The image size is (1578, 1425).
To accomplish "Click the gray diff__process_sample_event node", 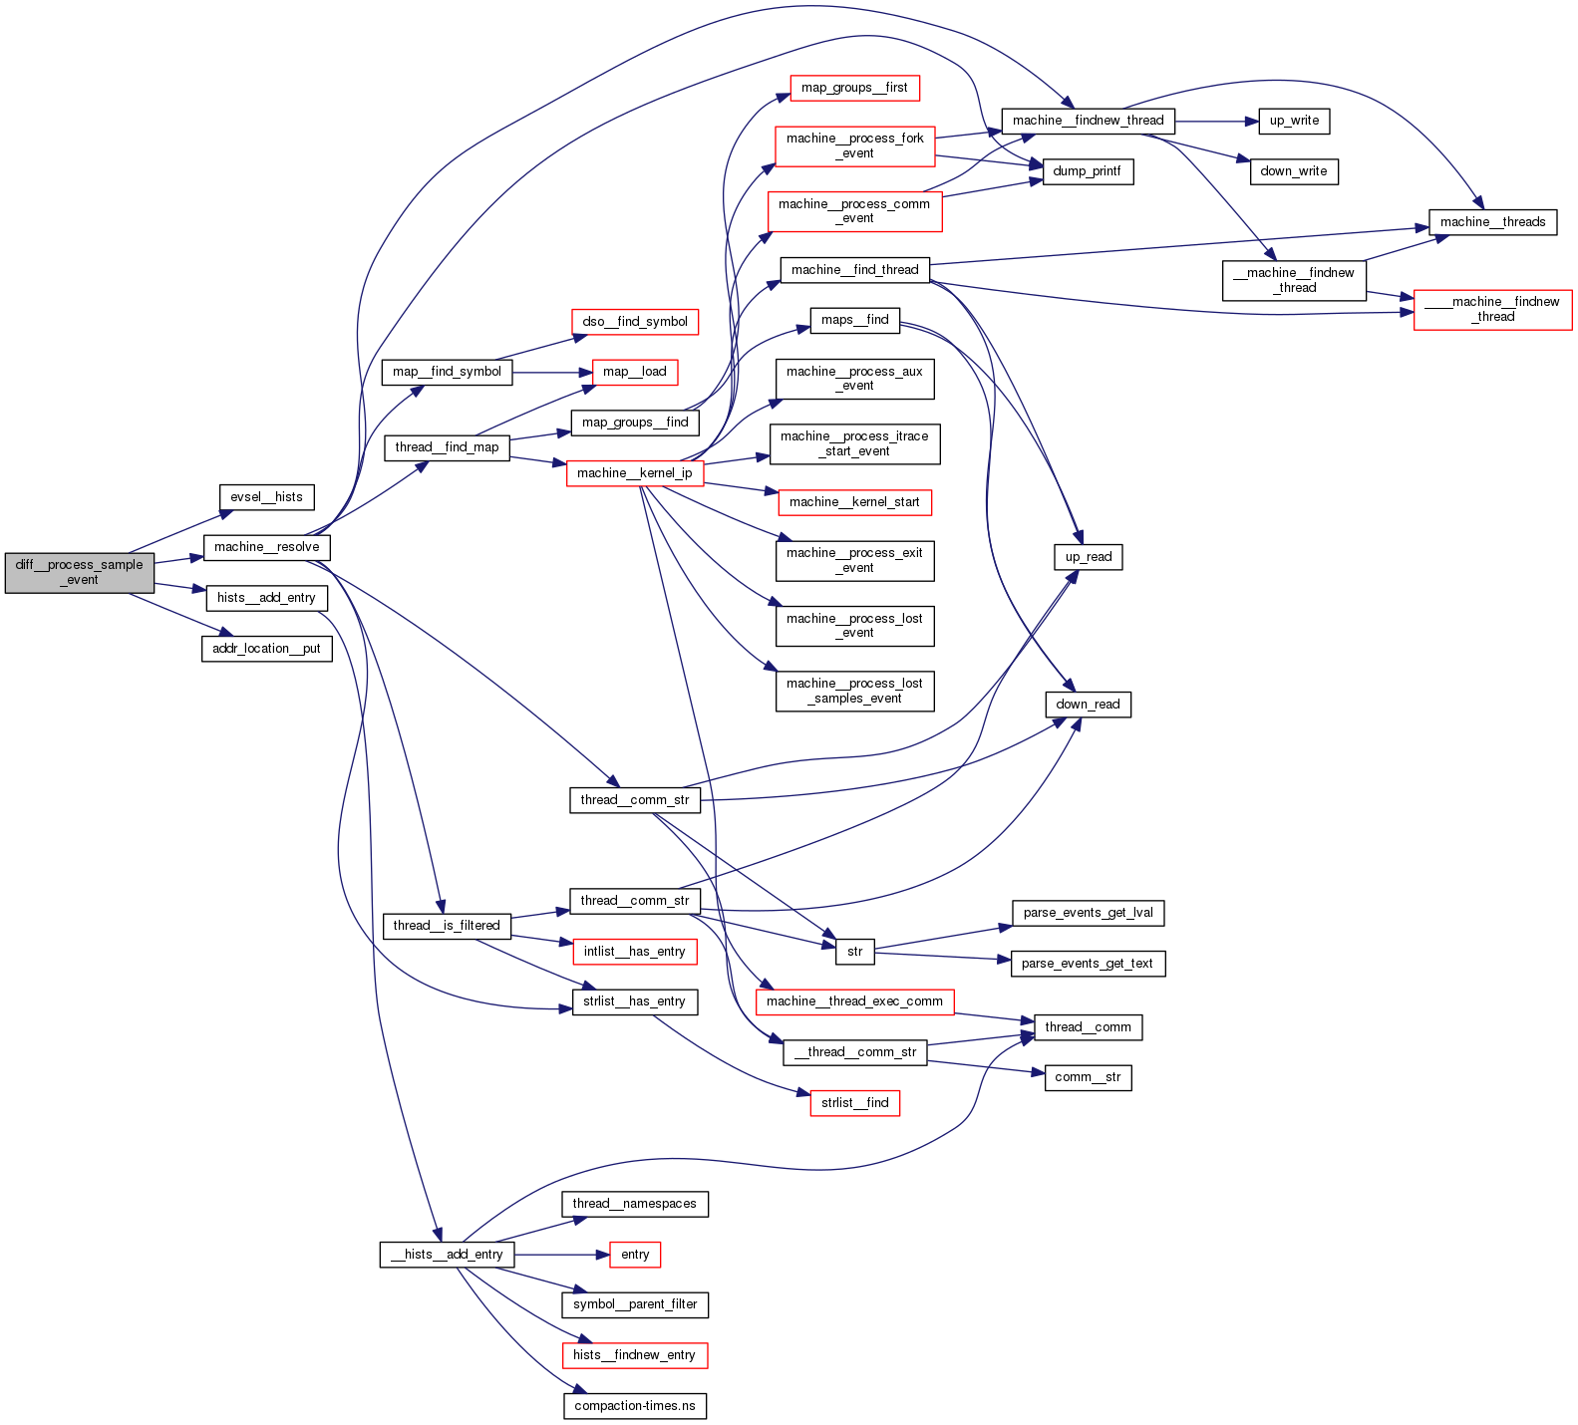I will [80, 572].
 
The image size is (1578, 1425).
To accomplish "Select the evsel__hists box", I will [266, 497].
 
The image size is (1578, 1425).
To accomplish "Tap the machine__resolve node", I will [266, 547].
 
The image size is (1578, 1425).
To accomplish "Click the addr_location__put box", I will [266, 649].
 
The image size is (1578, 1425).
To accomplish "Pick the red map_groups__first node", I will [854, 88].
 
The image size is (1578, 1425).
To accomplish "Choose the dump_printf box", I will [1087, 171].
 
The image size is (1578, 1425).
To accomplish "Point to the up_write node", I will [1294, 121].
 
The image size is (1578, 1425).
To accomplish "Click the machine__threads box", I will [1492, 222].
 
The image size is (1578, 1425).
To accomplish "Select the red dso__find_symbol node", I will [635, 322].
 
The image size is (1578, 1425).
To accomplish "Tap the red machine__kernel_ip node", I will [635, 473].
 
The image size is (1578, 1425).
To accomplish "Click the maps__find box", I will [854, 320].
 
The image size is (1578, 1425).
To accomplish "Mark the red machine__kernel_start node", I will [854, 502].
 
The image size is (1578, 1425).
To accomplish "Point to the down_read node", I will [1088, 705].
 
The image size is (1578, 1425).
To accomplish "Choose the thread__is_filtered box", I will [447, 926].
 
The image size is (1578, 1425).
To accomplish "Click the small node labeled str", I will [854, 952].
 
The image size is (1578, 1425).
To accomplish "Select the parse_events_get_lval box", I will [1088, 913].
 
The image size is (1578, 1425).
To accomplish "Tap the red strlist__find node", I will [854, 1103].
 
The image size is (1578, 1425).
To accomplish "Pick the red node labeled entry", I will [635, 1255].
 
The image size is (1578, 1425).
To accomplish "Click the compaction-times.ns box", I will [635, 1406].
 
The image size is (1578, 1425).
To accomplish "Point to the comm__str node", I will [1088, 1077].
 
